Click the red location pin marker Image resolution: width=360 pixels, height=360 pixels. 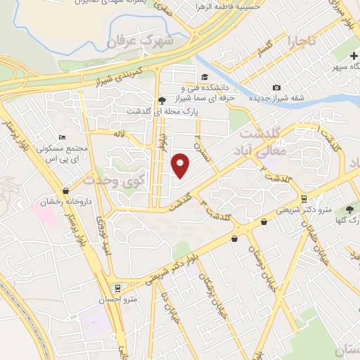click(x=181, y=165)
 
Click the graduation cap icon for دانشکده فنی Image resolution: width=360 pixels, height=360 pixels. click(x=204, y=77)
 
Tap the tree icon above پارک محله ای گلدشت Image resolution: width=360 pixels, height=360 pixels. click(x=161, y=101)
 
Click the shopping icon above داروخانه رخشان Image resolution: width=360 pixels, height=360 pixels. click(x=65, y=191)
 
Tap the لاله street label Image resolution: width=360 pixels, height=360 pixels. click(x=120, y=133)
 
